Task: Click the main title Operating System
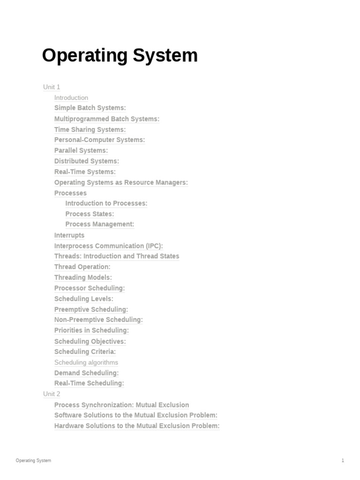(x=120, y=56)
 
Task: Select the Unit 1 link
(x=52, y=87)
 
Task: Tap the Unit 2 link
(x=52, y=394)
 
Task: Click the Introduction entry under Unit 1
(x=71, y=98)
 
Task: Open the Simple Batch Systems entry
(x=90, y=108)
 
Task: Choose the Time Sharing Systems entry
(x=90, y=129)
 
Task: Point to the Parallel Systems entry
(x=81, y=150)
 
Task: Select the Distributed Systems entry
(x=87, y=161)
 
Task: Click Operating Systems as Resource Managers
(x=121, y=182)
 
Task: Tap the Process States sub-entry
(x=90, y=214)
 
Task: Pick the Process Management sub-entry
(x=100, y=225)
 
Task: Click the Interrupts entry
(x=69, y=235)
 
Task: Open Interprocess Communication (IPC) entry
(x=109, y=246)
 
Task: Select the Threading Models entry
(x=83, y=277)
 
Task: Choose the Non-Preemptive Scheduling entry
(x=98, y=320)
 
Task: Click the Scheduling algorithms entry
(x=86, y=362)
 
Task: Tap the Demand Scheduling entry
(x=87, y=373)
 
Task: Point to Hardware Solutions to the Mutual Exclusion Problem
(x=137, y=426)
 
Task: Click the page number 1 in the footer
(x=343, y=461)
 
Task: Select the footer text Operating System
(x=33, y=461)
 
